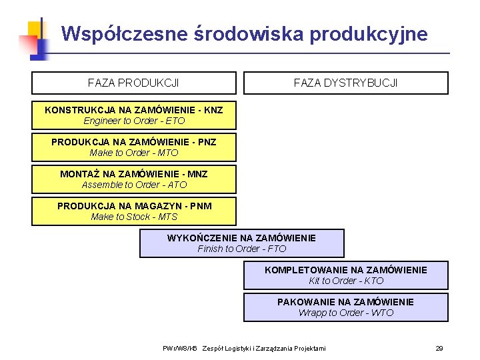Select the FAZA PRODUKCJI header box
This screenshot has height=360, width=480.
click(x=133, y=83)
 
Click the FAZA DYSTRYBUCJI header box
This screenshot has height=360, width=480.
click(x=345, y=83)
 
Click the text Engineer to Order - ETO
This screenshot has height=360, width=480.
click(x=134, y=121)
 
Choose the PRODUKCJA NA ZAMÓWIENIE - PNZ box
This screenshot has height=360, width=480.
click(x=134, y=147)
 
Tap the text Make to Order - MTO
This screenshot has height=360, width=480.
click(x=134, y=153)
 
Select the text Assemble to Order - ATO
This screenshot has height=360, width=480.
click(x=134, y=185)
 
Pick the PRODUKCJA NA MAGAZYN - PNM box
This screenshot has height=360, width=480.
click(x=134, y=211)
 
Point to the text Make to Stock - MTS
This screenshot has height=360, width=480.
click(x=134, y=217)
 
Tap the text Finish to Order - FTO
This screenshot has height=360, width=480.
click(x=241, y=249)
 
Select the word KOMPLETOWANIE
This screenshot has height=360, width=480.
click(x=303, y=270)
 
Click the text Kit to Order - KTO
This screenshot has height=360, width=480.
click(x=345, y=281)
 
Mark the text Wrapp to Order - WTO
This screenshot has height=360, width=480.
click(x=345, y=313)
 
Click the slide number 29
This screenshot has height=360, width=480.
click(x=439, y=348)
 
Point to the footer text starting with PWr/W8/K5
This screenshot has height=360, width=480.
click(x=244, y=348)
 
